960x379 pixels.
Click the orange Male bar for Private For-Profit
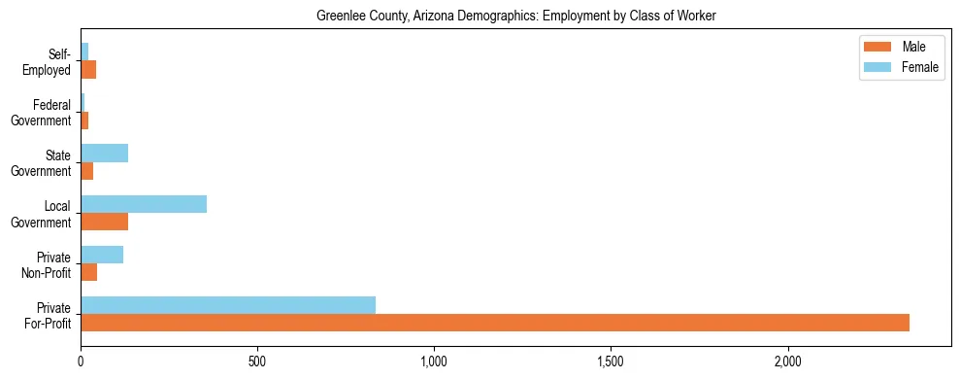pyautogui.click(x=495, y=323)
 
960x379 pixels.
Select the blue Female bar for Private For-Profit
pyautogui.click(x=228, y=305)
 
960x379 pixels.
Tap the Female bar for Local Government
pyautogui.click(x=144, y=203)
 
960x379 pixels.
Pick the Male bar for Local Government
pyautogui.click(x=104, y=222)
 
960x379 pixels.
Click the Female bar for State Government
pyautogui.click(x=104, y=153)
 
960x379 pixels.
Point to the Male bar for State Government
pyautogui.click(x=86, y=171)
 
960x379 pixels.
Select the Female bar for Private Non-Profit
pyautogui.click(x=102, y=255)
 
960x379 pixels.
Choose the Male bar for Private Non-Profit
pyautogui.click(x=88, y=272)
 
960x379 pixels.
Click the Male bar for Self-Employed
pyautogui.click(x=88, y=70)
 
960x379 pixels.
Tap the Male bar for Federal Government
pyautogui.click(x=84, y=121)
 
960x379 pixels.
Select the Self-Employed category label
pyautogui.click(x=49, y=62)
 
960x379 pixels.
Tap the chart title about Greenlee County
pyautogui.click(x=515, y=17)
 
